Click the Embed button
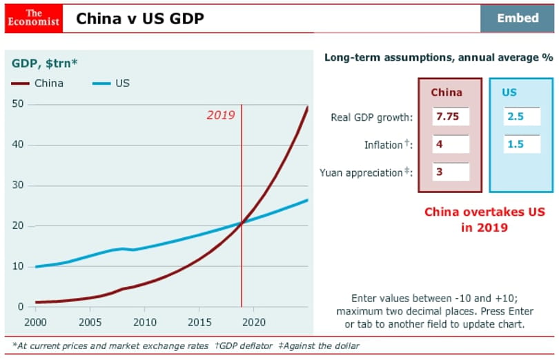click(x=518, y=18)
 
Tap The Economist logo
click(x=34, y=18)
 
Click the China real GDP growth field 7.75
click(x=451, y=117)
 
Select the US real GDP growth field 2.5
click(x=522, y=117)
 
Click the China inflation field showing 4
click(x=451, y=144)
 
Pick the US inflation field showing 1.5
click(x=522, y=144)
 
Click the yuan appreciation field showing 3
click(x=451, y=172)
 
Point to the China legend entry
click(x=37, y=83)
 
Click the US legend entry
click(x=111, y=83)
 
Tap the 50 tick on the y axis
click(x=17, y=104)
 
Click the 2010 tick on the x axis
click(x=145, y=322)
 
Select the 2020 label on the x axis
click(x=254, y=322)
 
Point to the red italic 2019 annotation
click(x=221, y=115)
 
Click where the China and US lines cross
click(x=242, y=223)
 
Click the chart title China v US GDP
click(x=140, y=19)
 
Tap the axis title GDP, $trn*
click(x=45, y=63)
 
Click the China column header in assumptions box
click(x=447, y=92)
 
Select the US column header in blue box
click(x=509, y=92)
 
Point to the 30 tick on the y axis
click(x=17, y=185)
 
